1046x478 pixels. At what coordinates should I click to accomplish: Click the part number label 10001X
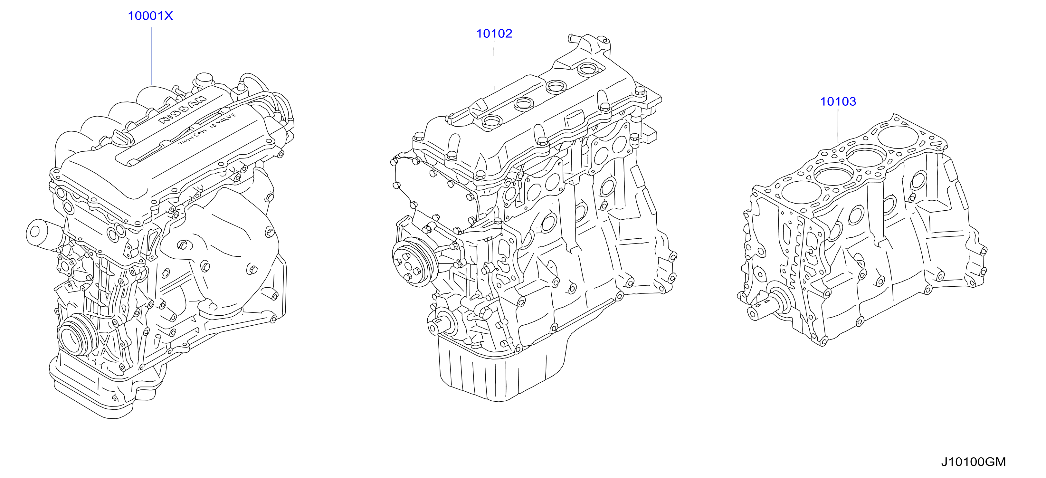(150, 16)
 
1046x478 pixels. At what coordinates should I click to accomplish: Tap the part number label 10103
(838, 101)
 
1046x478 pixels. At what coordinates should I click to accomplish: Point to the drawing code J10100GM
(973, 462)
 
